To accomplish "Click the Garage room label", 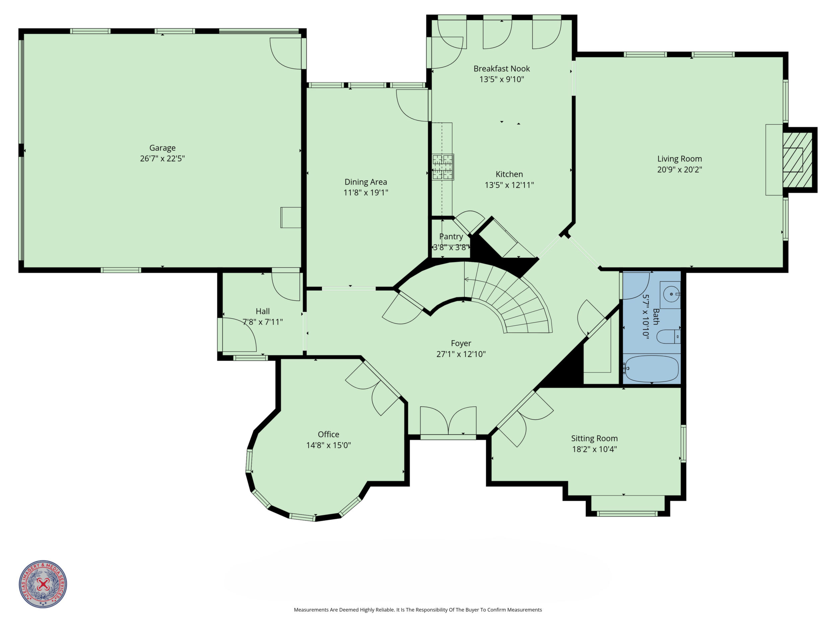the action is [162, 148].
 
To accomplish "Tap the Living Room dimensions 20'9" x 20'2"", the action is [680, 169].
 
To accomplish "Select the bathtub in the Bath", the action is [652, 368].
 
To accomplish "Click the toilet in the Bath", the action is [669, 336].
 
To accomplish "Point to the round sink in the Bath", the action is [671, 294].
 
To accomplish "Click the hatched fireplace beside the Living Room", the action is [797, 160].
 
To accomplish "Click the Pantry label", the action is [451, 236].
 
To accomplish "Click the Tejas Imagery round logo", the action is [43, 584].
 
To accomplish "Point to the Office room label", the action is [329, 434].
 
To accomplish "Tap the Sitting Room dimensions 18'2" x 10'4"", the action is [595, 449].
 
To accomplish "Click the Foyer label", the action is [461, 343].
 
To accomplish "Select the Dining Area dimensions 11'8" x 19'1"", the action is [366, 192].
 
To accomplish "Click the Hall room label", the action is [263, 311].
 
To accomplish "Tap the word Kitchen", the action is [509, 174].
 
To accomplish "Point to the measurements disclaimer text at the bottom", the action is [418, 610].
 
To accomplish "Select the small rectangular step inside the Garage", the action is [291, 217].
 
